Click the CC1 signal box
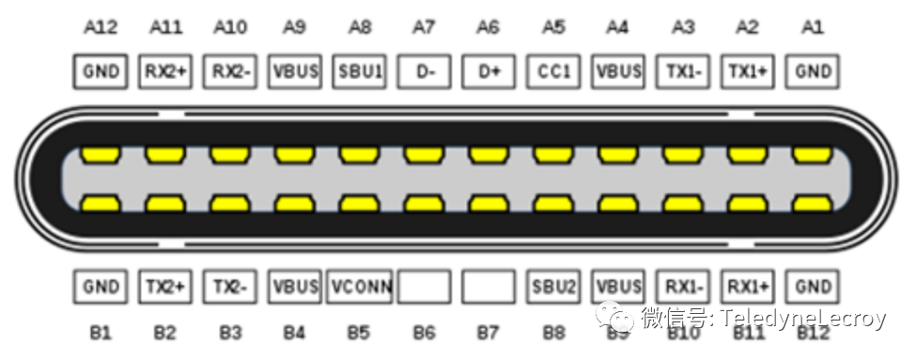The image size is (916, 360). [553, 71]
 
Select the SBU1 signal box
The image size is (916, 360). [359, 71]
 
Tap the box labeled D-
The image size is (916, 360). [424, 71]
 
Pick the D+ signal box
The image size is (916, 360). [489, 71]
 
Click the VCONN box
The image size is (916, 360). [359, 287]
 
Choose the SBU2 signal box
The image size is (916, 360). [553, 287]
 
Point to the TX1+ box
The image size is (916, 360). [748, 71]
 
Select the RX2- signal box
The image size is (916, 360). [229, 71]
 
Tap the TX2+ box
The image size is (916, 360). [164, 287]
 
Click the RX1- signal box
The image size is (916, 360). [683, 287]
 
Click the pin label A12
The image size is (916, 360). [100, 27]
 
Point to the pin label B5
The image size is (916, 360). [359, 332]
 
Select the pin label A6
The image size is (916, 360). [489, 27]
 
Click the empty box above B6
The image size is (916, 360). [424, 287]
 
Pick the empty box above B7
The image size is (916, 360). [489, 287]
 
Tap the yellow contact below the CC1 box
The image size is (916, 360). [553, 153]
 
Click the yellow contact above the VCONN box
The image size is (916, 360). [359, 202]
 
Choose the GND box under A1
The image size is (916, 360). [813, 71]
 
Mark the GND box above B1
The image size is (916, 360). [100, 287]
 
